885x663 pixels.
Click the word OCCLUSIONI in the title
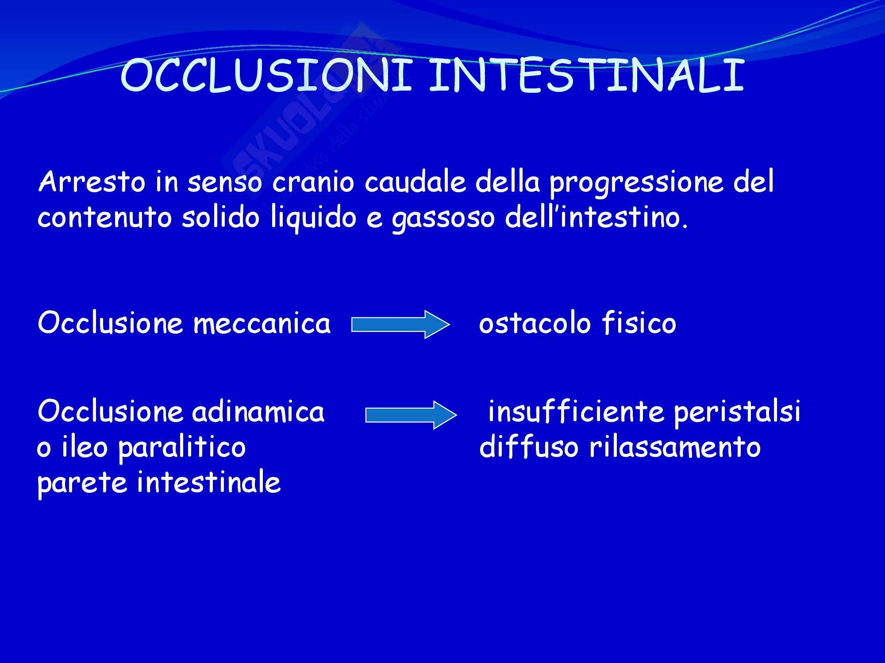click(265, 76)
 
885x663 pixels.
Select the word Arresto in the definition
click(92, 182)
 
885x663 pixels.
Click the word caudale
click(415, 182)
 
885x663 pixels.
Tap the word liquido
click(313, 219)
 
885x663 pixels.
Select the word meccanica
click(262, 324)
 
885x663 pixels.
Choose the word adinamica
click(258, 412)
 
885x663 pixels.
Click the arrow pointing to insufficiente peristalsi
click(411, 415)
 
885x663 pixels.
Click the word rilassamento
click(675, 447)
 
